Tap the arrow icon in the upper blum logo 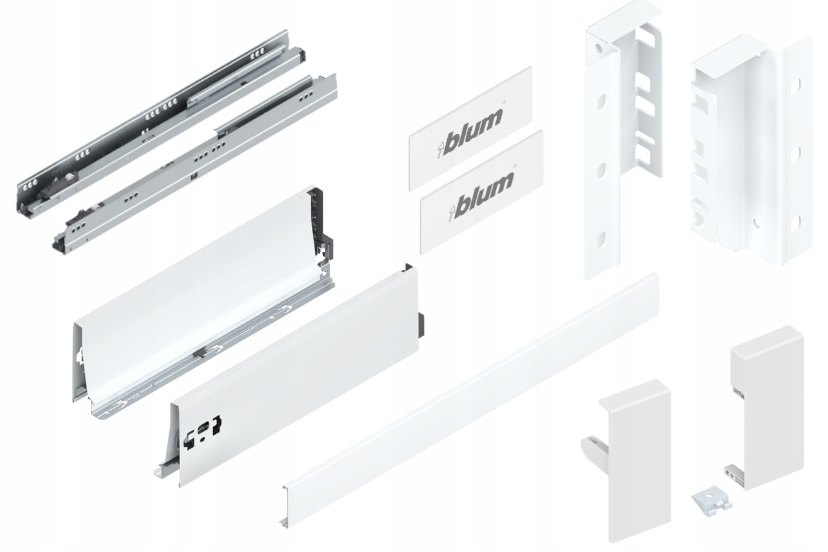point(442,147)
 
